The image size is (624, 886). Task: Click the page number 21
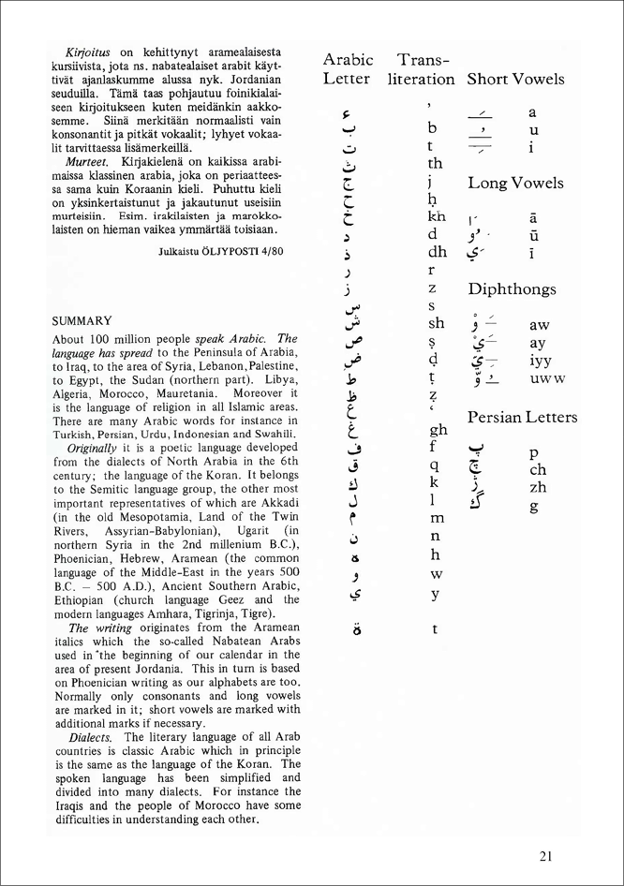549,854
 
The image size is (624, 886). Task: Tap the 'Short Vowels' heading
515,80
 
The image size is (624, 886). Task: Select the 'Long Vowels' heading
515,183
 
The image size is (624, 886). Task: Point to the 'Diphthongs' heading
512,290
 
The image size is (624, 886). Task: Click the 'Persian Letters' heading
522,417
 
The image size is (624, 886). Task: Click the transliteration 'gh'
437,430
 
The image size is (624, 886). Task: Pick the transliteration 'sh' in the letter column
437,323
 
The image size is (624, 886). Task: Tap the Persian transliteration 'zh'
538,488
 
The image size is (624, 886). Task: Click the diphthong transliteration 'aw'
539,325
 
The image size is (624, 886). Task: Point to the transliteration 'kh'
437,216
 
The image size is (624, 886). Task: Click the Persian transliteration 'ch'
538,470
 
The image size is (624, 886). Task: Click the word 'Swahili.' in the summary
273,433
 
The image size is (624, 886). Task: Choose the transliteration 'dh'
437,252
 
